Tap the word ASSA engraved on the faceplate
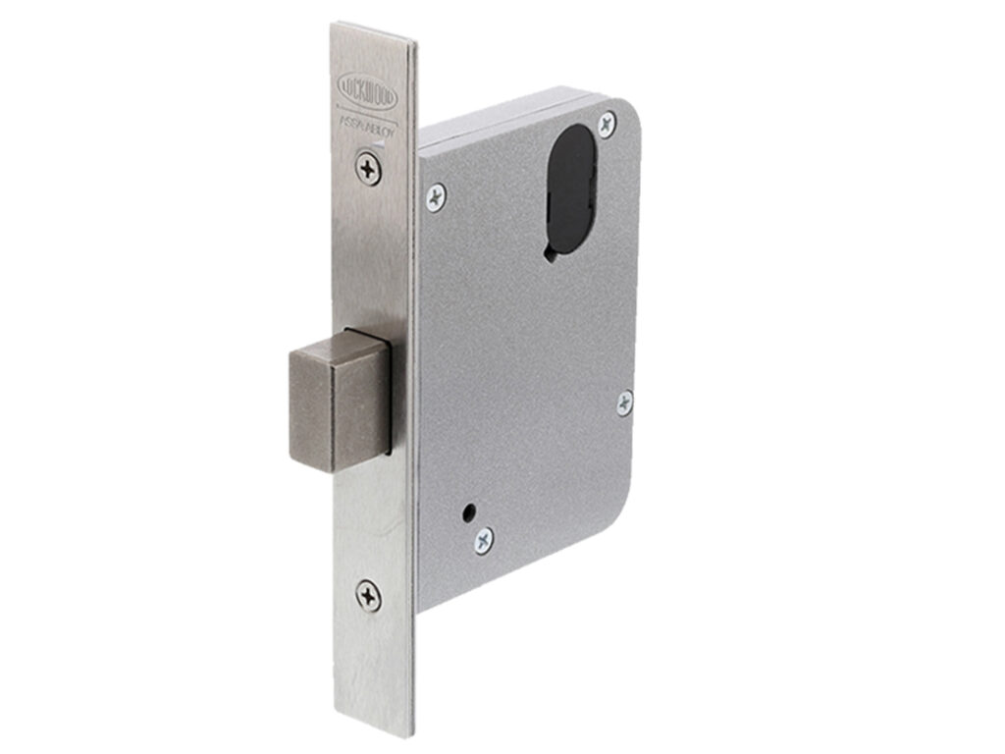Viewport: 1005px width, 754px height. point(352,119)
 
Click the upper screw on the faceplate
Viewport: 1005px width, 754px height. point(368,169)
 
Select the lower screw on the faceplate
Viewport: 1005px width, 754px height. point(368,595)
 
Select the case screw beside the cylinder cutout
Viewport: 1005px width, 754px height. point(607,123)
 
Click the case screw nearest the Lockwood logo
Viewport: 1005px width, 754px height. point(435,196)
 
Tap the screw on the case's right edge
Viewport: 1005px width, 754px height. point(624,402)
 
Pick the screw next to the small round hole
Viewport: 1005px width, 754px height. point(484,539)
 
